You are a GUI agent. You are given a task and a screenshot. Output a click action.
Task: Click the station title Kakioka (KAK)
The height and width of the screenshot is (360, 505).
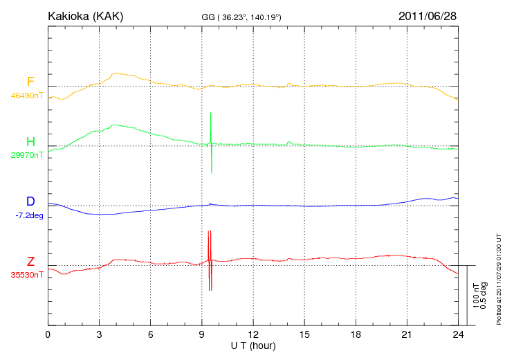click(x=85, y=15)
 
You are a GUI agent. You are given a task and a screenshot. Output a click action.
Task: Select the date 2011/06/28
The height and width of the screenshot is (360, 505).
click(x=428, y=15)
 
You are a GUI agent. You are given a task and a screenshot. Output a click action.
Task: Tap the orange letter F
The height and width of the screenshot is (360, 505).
click(x=30, y=82)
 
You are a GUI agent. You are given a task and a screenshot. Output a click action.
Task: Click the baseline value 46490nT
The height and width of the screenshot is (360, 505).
click(x=27, y=96)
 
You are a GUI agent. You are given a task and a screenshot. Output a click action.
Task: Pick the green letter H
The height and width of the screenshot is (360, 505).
click(x=30, y=142)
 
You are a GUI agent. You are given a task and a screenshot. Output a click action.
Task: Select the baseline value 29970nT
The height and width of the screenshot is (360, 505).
click(x=27, y=155)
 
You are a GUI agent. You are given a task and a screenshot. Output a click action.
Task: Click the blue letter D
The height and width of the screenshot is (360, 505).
click(x=30, y=202)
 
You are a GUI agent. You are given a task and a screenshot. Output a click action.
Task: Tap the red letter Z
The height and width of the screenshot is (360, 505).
click(x=30, y=262)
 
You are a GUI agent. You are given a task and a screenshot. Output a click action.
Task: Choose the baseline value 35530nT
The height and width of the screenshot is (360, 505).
click(x=27, y=275)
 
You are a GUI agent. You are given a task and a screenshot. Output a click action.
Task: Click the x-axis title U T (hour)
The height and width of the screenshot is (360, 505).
click(x=253, y=345)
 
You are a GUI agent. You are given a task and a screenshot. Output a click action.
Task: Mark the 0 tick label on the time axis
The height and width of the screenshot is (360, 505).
click(x=48, y=334)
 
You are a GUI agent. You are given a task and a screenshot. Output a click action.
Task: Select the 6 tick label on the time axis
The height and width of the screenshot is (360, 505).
click(x=151, y=334)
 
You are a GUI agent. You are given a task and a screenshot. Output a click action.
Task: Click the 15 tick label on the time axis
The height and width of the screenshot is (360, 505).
click(x=304, y=334)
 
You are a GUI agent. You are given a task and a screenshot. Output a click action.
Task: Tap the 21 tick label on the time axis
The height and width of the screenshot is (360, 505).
click(x=407, y=334)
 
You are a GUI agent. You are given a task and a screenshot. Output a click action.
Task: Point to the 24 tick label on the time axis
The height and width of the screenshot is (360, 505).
click(x=459, y=334)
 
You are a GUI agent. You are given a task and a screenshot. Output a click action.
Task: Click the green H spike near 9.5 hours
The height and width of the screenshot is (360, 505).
click(x=211, y=142)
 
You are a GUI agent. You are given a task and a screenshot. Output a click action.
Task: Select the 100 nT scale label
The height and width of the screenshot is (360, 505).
click(x=476, y=295)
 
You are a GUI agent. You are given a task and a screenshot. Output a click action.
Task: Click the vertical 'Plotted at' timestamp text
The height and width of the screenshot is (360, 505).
click(x=498, y=277)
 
